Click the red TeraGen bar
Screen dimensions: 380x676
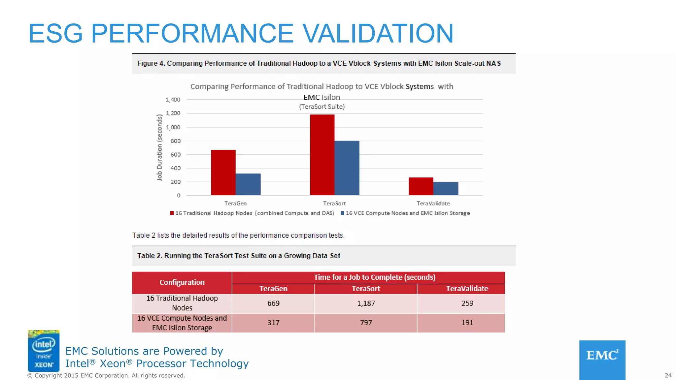[223, 173]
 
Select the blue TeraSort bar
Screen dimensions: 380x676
[347, 168]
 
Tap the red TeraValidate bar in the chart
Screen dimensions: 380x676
[421, 186]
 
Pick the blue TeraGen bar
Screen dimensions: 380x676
[248, 184]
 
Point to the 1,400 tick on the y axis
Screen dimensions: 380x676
[173, 100]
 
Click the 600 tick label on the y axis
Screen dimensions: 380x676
[176, 155]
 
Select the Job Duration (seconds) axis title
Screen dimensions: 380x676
[159, 147]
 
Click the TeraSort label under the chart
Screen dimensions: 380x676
[334, 204]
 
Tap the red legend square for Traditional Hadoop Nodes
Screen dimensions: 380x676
[172, 213]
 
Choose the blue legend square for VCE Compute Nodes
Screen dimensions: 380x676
[343, 213]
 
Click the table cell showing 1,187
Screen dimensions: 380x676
[366, 303]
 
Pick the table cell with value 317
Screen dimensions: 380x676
[273, 323]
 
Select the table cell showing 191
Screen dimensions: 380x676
[467, 323]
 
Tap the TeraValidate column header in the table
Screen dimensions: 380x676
[467, 289]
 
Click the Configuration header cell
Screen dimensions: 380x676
[182, 282]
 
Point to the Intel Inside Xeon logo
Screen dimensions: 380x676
[44, 351]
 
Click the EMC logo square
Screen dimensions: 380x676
[602, 360]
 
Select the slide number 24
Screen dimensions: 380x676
[668, 376]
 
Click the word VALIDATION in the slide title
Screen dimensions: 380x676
[378, 33]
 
